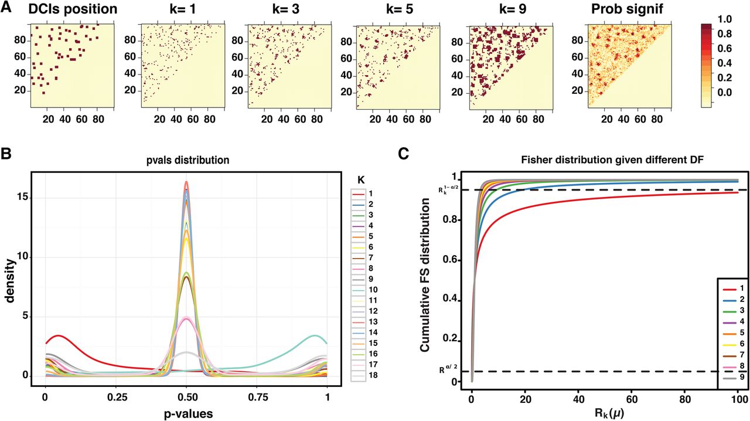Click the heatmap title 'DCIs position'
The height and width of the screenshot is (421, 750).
coord(73,9)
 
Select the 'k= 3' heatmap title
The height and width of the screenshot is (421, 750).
coord(285,9)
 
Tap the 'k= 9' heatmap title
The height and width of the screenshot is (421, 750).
coord(512,9)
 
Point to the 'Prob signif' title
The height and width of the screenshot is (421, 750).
coord(627,9)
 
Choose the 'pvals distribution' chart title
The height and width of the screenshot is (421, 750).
coord(188,160)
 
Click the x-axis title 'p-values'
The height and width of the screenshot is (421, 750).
coord(188,413)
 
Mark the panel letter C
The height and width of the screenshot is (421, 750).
coord(404,154)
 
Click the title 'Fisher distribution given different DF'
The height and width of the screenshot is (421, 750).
coord(612,160)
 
